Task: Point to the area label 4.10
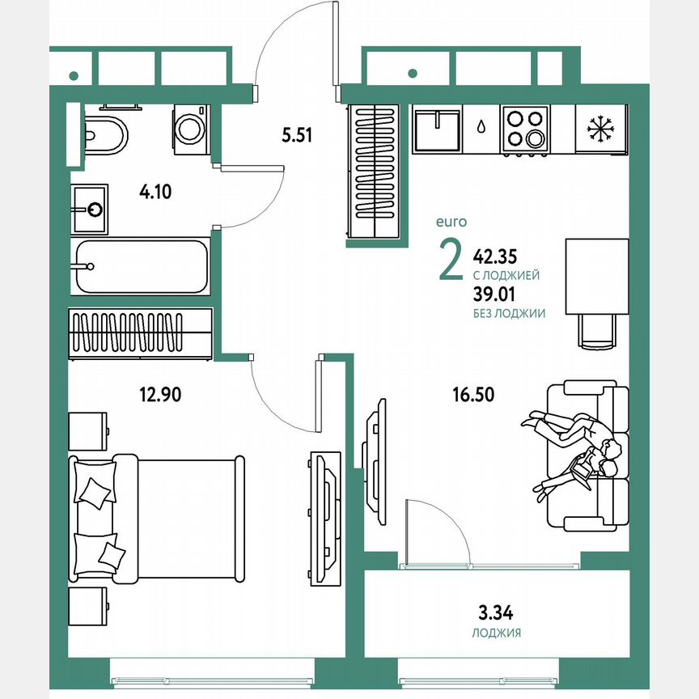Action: (x=155, y=192)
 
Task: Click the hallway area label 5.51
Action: (x=297, y=136)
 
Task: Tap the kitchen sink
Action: (x=437, y=129)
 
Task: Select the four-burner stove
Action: (x=523, y=129)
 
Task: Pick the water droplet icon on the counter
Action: (x=481, y=127)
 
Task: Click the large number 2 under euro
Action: (x=450, y=260)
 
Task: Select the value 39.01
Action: (x=494, y=297)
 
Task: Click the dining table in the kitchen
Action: (x=596, y=276)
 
